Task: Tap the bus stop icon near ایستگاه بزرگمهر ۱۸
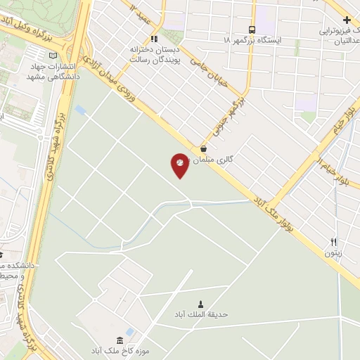point(252,29)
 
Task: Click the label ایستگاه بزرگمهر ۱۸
point(251,41)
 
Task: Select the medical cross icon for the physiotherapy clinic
point(347,19)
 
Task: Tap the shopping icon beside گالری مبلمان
point(203,149)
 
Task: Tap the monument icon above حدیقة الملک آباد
point(201,304)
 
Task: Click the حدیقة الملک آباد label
point(201,315)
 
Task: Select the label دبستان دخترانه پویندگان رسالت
point(155,56)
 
